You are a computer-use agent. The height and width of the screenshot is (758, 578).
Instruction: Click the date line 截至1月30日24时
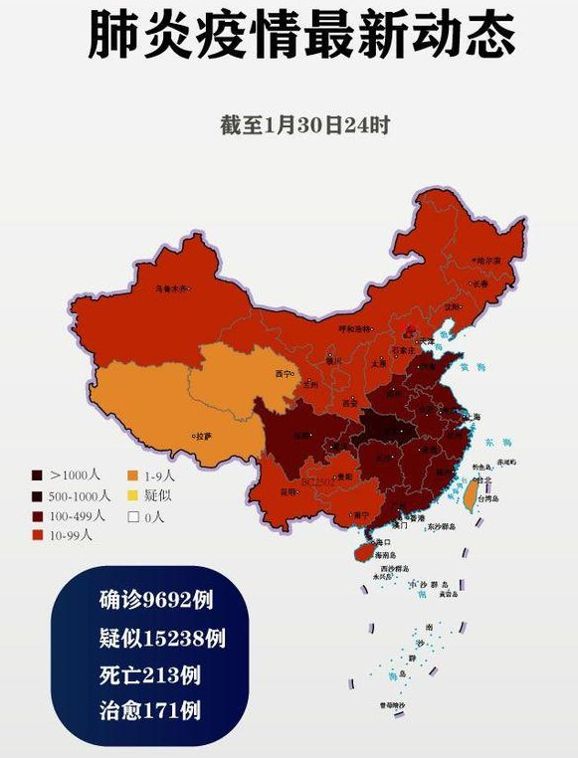point(304,126)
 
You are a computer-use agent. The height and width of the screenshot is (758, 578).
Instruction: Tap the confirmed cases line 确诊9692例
point(156,601)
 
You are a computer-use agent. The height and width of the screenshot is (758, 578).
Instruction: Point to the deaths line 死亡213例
point(149,674)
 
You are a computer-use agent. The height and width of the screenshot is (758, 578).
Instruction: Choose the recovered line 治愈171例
point(149,710)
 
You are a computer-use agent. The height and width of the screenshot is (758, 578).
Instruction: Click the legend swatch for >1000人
point(37,475)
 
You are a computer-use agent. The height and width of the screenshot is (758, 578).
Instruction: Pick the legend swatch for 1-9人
point(132,475)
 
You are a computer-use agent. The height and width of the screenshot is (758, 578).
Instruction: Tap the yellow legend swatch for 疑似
point(132,495)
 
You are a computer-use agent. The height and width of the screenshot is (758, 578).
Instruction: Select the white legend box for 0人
point(132,515)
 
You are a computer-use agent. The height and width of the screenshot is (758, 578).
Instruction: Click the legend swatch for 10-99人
point(37,535)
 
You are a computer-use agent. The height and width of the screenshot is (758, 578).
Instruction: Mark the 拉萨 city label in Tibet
point(203,436)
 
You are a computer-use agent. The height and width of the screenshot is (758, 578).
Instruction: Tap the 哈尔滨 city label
point(488,261)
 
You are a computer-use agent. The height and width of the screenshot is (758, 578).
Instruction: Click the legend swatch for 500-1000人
point(37,495)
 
